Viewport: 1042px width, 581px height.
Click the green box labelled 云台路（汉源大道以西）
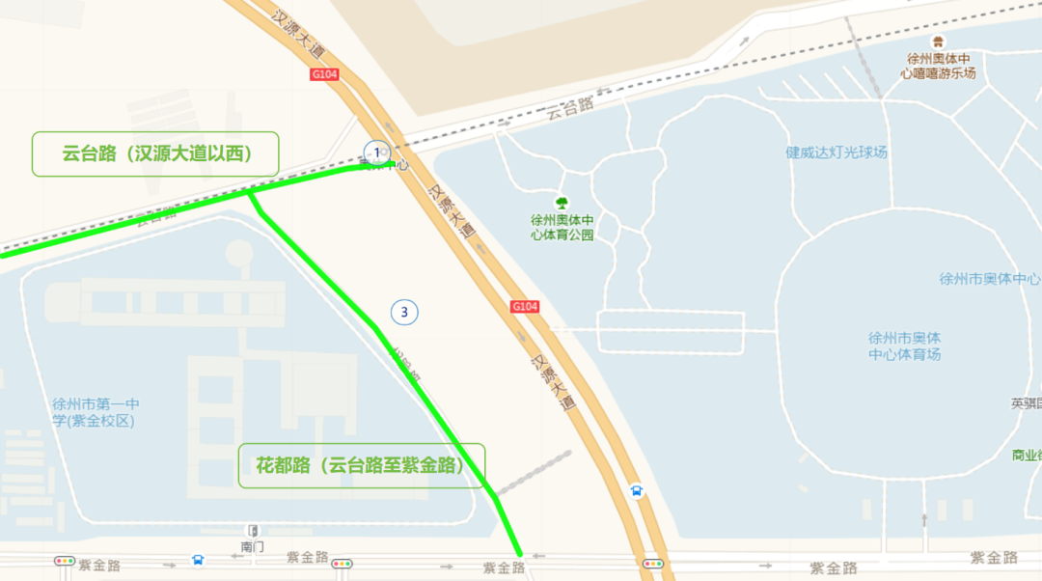click(x=155, y=154)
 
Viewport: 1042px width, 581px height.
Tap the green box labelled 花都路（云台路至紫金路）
click(x=362, y=466)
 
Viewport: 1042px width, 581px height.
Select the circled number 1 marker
click(x=376, y=152)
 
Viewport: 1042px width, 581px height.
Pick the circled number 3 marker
click(x=404, y=312)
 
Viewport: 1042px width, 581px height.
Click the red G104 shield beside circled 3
click(x=525, y=306)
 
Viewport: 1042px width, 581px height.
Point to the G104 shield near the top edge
click(x=325, y=74)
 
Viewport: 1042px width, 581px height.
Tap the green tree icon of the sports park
click(x=562, y=203)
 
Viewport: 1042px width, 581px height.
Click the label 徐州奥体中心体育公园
click(x=562, y=226)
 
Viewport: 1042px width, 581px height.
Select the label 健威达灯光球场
click(x=836, y=152)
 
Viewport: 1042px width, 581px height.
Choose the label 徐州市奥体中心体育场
click(x=904, y=346)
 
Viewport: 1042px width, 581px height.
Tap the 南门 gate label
click(x=252, y=546)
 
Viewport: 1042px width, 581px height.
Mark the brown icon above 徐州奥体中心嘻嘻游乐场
click(x=938, y=41)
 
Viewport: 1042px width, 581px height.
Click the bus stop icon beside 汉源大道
click(x=637, y=491)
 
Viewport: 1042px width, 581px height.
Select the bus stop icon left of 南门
click(x=198, y=559)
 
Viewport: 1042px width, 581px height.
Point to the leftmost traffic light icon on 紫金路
click(x=65, y=561)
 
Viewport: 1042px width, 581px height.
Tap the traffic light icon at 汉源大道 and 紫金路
click(x=653, y=563)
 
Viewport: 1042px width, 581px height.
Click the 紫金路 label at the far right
click(x=994, y=558)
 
